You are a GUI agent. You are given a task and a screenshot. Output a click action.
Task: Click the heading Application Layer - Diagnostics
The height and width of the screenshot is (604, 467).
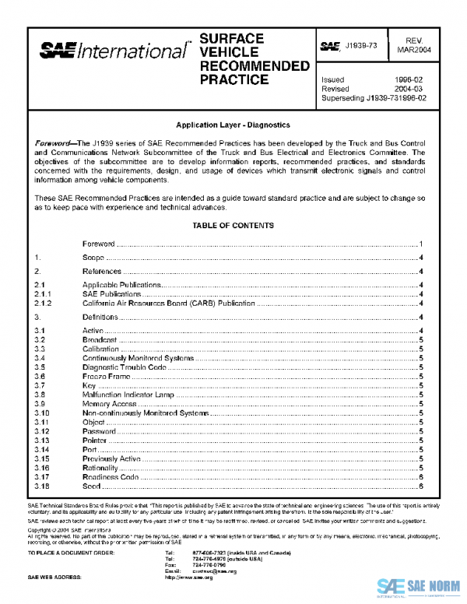233,125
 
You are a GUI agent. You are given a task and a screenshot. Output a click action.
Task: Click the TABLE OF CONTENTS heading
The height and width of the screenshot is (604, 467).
233,226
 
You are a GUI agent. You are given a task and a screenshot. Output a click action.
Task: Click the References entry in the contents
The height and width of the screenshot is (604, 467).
102,272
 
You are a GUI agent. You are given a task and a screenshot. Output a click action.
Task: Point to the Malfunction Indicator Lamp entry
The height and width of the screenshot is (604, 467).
129,395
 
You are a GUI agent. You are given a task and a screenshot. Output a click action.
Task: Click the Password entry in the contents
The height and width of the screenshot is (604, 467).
100,431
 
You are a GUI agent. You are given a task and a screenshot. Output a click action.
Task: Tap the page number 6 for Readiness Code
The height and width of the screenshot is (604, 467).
420,477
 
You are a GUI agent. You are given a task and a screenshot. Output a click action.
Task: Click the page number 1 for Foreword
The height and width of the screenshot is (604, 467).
420,244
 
